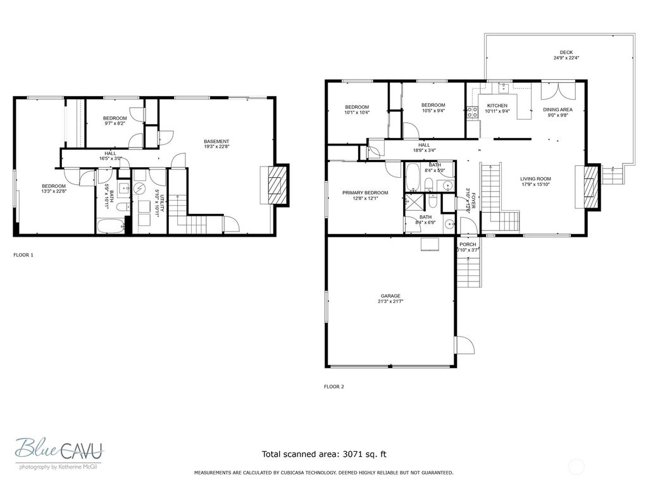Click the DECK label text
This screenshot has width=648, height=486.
(566, 53)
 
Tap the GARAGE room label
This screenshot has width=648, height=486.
(390, 296)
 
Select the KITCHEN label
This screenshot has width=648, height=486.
(497, 106)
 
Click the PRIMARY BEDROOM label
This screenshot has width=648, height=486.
(365, 192)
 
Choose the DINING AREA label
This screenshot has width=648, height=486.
(558, 109)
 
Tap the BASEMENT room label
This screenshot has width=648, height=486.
(216, 141)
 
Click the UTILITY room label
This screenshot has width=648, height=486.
(162, 203)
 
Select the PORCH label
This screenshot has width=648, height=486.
(468, 244)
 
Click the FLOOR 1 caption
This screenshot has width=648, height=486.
(23, 255)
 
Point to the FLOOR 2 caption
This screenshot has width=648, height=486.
(333, 386)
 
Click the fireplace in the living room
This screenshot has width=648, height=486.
(591, 186)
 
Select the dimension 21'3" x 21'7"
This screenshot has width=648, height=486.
(390, 302)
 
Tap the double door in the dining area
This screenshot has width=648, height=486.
(558, 90)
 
